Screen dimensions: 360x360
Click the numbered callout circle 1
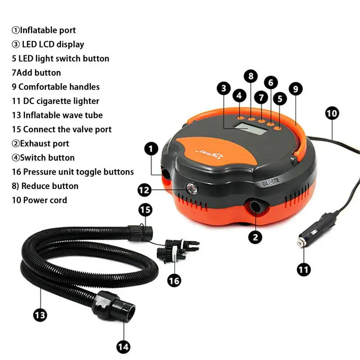pos(151,148)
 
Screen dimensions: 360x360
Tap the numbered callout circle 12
pos(144,190)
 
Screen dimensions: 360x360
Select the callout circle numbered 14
pos(123,346)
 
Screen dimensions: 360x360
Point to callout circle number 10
pos(332,113)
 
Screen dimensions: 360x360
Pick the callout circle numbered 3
pos(224,88)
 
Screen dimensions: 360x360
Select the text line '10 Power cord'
pos(40,200)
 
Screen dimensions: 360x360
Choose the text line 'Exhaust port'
pos(40,144)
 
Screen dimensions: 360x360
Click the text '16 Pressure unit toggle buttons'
pos(73,171)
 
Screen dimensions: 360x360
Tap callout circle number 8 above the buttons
pos(251,76)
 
